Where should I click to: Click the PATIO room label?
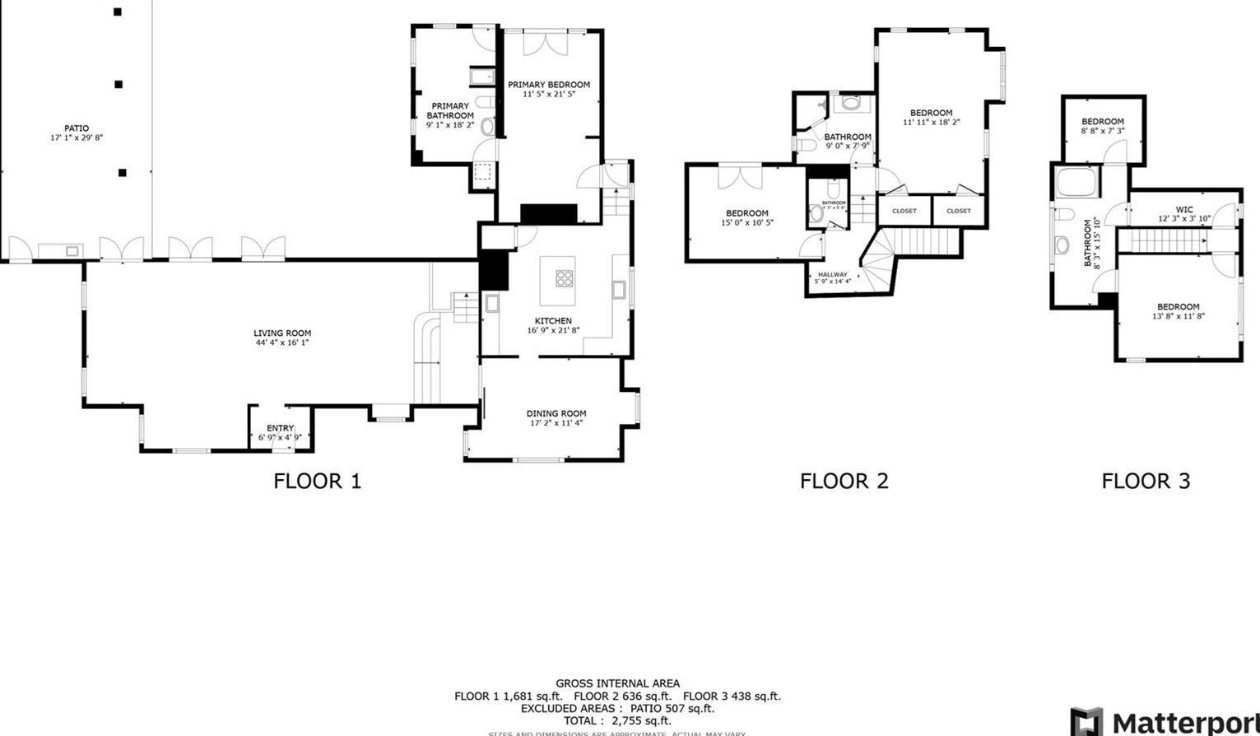pyautogui.click(x=77, y=128)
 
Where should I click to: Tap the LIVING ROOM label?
pyautogui.click(x=282, y=333)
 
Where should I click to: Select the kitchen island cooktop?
pyautogui.click(x=565, y=278)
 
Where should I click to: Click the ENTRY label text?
pyautogui.click(x=280, y=428)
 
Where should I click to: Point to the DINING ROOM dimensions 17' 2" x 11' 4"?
pyautogui.click(x=556, y=423)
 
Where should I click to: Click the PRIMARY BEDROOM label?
pyautogui.click(x=549, y=85)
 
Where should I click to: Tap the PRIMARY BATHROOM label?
pyautogui.click(x=450, y=111)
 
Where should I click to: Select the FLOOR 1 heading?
pyautogui.click(x=317, y=481)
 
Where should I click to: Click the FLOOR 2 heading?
pyautogui.click(x=844, y=481)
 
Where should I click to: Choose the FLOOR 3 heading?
pyautogui.click(x=1146, y=481)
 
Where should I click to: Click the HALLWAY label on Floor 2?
pyautogui.click(x=832, y=274)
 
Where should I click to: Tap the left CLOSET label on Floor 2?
pyautogui.click(x=904, y=211)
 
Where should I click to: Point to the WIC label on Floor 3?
pyautogui.click(x=1184, y=210)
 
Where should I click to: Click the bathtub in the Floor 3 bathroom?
pyautogui.click(x=1076, y=182)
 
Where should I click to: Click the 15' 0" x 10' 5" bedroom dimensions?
pyautogui.click(x=747, y=222)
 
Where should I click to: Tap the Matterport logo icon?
pyautogui.click(x=1086, y=722)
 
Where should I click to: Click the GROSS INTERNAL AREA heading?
pyautogui.click(x=617, y=683)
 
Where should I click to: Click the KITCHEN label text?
pyautogui.click(x=553, y=321)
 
